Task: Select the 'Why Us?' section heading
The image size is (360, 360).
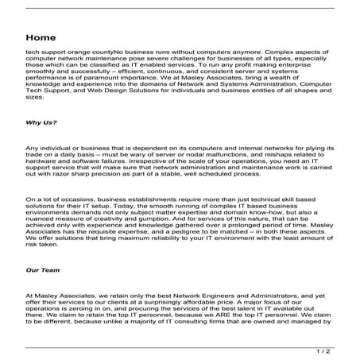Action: pyautogui.click(x=41, y=122)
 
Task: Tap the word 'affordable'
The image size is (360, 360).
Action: pyautogui.click(x=212, y=302)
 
